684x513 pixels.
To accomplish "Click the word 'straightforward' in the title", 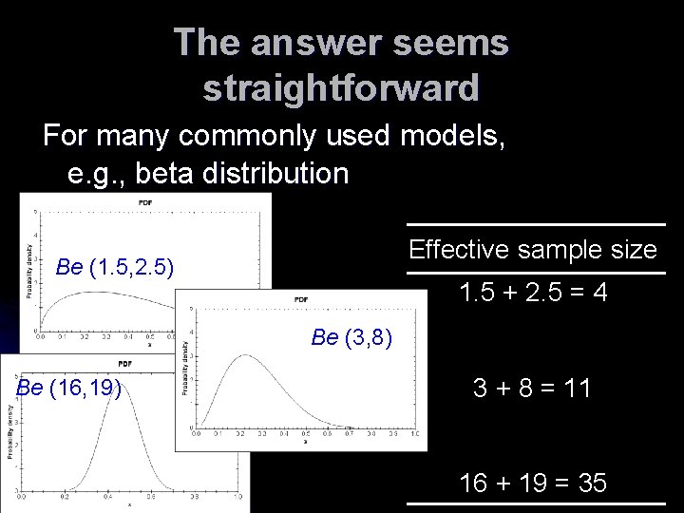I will tap(341, 88).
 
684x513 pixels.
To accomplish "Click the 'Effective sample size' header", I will tap(533, 250).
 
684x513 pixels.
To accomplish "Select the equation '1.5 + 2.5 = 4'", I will tap(533, 294).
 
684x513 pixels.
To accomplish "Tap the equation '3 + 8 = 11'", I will tap(533, 388).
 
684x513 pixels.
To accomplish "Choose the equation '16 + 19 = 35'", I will tap(533, 483).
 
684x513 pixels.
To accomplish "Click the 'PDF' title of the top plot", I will tap(145, 202).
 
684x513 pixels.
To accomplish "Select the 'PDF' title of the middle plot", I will tap(301, 300).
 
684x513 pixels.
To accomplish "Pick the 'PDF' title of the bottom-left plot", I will tap(124, 364).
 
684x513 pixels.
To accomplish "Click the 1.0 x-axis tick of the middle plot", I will tap(415, 433).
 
